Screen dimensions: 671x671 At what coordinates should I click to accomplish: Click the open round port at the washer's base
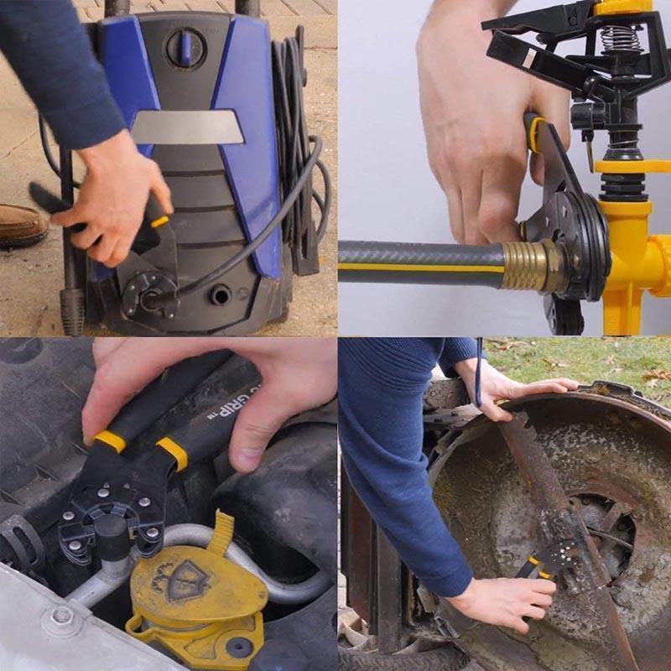[223, 295]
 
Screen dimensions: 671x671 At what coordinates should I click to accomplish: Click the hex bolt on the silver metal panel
[60, 616]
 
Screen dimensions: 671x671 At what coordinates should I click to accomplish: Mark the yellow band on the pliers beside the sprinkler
[535, 134]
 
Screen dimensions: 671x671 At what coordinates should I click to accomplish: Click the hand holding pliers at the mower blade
[495, 600]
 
